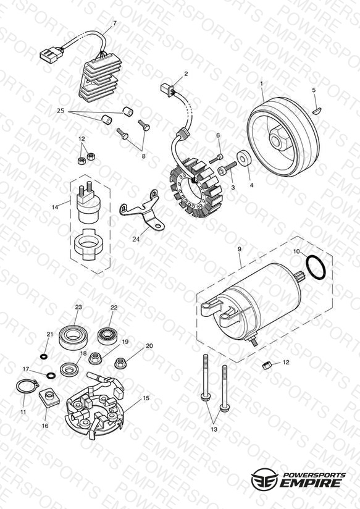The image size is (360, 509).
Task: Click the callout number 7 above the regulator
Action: point(115,23)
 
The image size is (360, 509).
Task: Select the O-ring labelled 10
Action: point(316,267)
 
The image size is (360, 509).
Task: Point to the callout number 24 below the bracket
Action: point(136,239)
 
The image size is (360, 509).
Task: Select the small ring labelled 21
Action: point(43,356)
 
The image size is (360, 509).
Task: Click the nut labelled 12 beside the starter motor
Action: point(266,366)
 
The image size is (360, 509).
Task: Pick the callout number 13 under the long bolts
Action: point(214,429)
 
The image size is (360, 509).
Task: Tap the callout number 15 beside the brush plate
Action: point(146,398)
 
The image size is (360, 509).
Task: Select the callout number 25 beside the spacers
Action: point(61,111)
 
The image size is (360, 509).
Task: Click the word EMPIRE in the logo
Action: point(312,482)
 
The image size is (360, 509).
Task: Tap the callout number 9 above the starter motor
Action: point(239,249)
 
